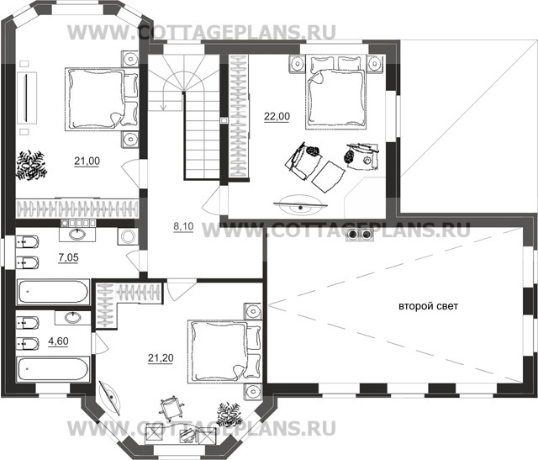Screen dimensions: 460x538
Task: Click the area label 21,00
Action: [x=87, y=160]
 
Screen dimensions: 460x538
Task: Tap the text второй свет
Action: [x=428, y=307]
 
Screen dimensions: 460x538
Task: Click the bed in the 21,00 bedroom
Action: [x=98, y=99]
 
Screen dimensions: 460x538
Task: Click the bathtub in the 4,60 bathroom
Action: [x=52, y=371]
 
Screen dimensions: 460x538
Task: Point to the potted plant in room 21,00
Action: [x=34, y=163]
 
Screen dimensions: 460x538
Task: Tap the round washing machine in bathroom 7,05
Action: [x=127, y=237]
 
